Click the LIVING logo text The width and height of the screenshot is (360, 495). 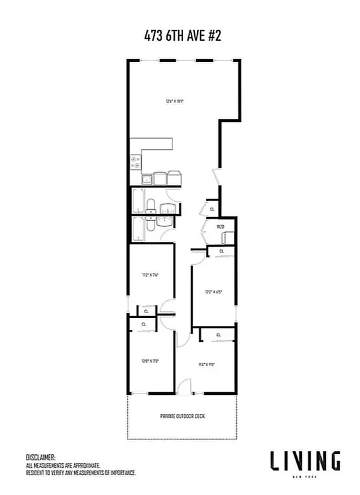(x=304, y=460)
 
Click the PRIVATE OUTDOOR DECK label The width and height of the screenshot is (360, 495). (x=182, y=416)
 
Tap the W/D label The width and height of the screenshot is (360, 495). (x=220, y=227)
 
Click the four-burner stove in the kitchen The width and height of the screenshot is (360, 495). (x=135, y=163)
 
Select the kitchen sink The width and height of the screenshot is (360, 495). (x=148, y=179)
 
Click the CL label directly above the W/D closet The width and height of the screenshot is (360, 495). (x=212, y=209)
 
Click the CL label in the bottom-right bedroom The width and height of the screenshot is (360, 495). (x=218, y=335)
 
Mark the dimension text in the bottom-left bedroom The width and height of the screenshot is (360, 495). (x=151, y=361)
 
